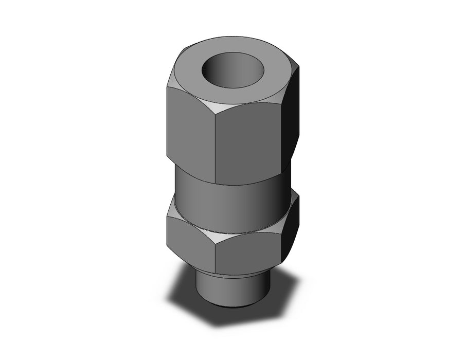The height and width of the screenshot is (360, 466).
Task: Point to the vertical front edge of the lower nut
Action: tap(215, 257)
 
